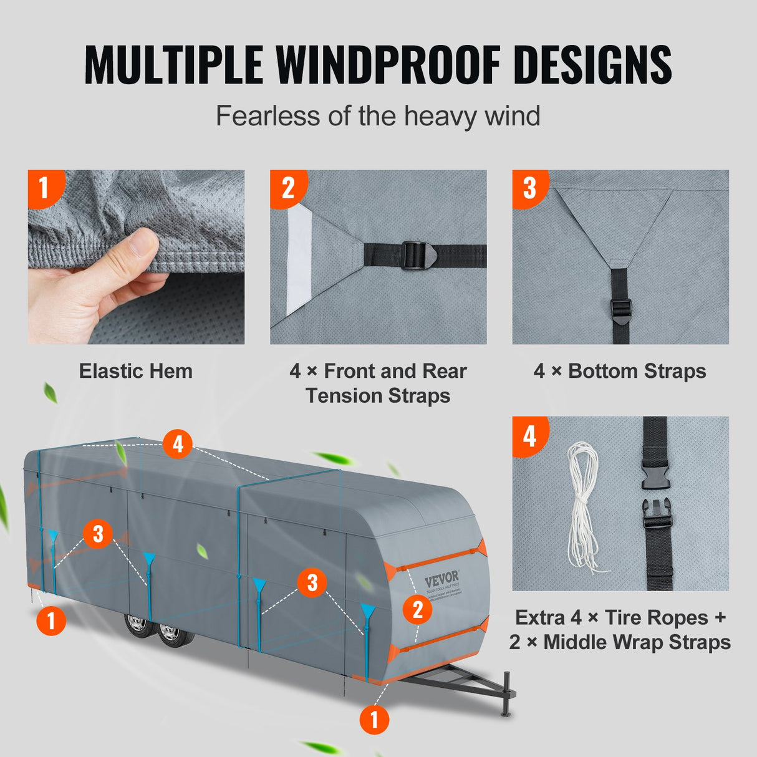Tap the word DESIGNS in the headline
[x=592, y=64]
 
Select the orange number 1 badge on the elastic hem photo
[x=44, y=187]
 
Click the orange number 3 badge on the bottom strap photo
[x=529, y=187]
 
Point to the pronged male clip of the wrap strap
[x=656, y=513]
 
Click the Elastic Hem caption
[x=135, y=371]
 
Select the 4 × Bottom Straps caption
[x=620, y=371]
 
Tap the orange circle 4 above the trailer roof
[x=178, y=445]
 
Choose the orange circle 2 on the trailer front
[x=417, y=609]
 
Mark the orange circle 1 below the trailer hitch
[x=374, y=720]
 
